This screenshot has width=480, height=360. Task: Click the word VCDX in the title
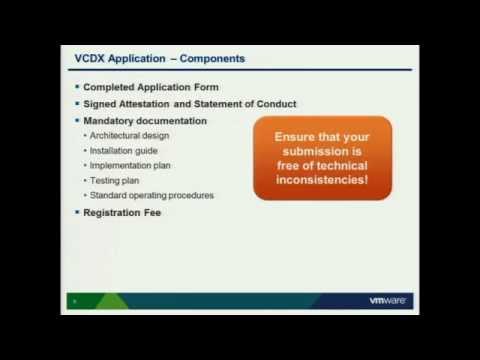[93, 59]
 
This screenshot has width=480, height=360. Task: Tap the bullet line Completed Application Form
[150, 87]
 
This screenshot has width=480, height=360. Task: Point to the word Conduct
[273, 104]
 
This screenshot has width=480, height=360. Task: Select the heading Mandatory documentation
[145, 121]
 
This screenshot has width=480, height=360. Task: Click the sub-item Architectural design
[129, 136]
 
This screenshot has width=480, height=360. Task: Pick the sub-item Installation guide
[123, 151]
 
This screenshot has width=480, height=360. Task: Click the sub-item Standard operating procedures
[151, 195]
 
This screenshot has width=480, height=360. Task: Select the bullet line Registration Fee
[122, 213]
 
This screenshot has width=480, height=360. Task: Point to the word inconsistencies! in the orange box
[322, 180]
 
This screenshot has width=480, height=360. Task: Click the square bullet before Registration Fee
[76, 213]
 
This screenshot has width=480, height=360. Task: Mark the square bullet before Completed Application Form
[76, 87]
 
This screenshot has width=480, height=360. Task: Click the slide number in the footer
[74, 301]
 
